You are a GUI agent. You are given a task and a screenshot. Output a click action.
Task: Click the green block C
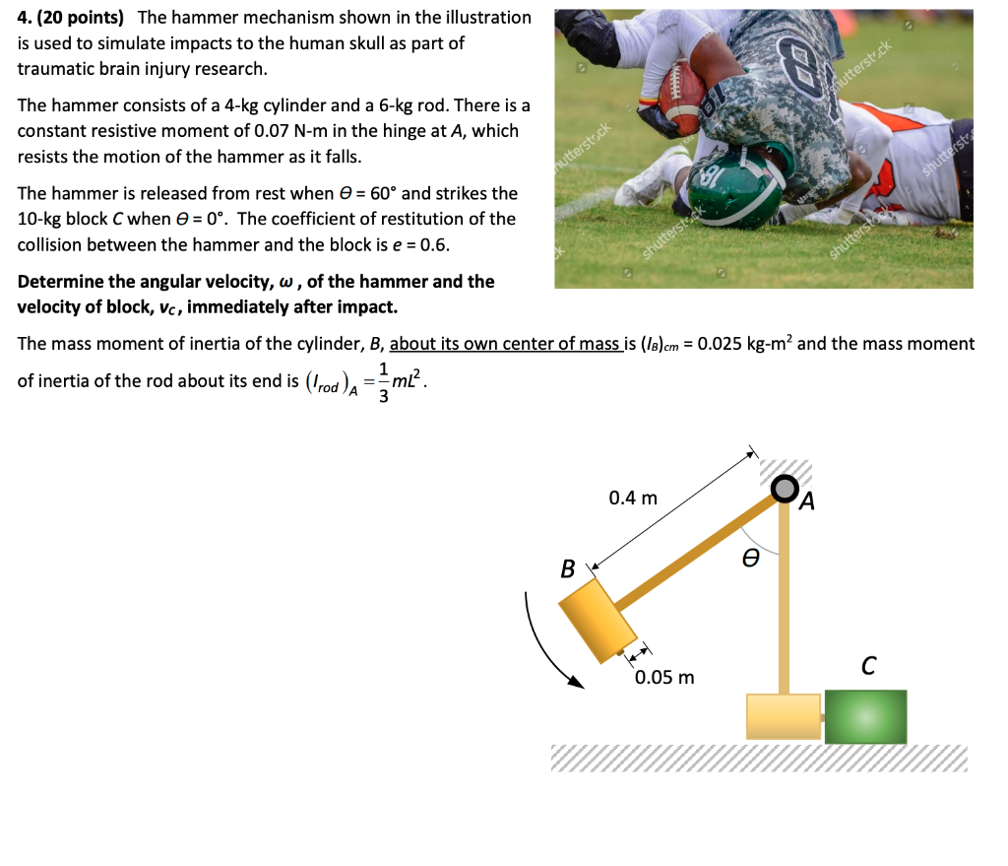coord(865,716)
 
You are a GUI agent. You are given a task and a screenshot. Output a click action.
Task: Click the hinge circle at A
coord(785,488)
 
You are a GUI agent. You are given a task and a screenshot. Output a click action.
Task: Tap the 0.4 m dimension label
coord(633,498)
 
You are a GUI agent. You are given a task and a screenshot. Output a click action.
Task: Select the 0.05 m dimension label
coord(664,677)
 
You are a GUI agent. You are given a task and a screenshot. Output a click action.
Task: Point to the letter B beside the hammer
coord(567,568)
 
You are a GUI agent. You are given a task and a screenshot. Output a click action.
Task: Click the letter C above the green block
coord(867,667)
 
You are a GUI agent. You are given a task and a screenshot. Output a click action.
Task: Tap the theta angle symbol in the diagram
coord(751,559)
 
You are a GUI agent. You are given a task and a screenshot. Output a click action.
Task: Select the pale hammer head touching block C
coord(784,716)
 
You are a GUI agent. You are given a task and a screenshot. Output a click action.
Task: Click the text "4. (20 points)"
coord(72,18)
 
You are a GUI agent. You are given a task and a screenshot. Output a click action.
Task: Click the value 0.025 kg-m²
coord(758,344)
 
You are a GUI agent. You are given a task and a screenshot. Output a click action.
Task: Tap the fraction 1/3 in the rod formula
coord(383,381)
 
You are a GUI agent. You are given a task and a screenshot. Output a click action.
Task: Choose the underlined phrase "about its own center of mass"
coord(505,344)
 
